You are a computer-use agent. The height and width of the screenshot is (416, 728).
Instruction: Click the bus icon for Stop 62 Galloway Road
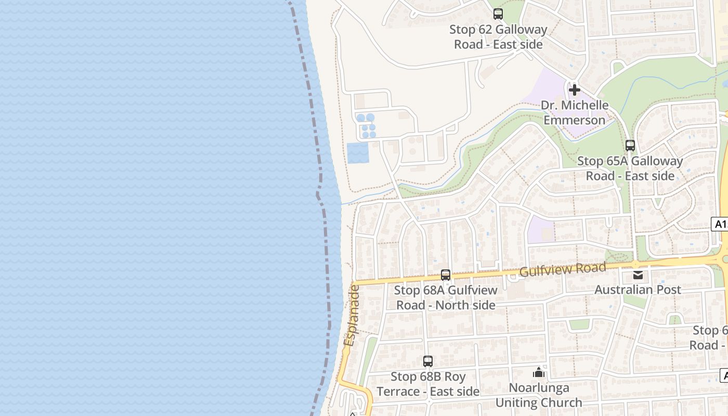coord(498,14)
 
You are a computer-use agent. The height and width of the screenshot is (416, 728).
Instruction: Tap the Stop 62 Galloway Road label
coord(498,37)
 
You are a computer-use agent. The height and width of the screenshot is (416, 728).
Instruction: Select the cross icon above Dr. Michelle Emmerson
coord(574,90)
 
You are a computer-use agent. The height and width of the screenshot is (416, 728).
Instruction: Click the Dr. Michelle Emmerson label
coord(574,112)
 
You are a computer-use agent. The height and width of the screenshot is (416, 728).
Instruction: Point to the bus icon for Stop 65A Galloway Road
coord(630,146)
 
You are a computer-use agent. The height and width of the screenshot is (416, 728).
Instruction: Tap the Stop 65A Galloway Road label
coord(630,168)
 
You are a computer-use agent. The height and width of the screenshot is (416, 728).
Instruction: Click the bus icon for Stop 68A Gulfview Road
coord(446,275)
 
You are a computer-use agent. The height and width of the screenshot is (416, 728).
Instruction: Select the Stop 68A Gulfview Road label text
coord(446,297)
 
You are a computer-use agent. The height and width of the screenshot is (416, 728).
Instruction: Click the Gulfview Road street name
coord(563,270)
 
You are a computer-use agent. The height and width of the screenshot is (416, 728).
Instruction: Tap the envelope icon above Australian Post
coord(638,275)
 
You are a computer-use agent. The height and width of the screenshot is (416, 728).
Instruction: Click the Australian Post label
coord(638,290)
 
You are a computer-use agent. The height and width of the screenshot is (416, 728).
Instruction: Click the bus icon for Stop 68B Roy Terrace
coord(428,361)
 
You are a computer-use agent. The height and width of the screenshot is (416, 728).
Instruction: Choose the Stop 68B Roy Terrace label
coord(428,384)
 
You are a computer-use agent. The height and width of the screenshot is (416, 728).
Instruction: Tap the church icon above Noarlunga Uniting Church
coord(539,372)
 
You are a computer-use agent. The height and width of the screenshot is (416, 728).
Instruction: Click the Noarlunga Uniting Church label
coord(539,395)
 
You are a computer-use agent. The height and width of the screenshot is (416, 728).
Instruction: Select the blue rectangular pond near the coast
coord(358,153)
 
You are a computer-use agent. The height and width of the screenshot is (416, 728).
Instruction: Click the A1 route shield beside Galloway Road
coord(720,224)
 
